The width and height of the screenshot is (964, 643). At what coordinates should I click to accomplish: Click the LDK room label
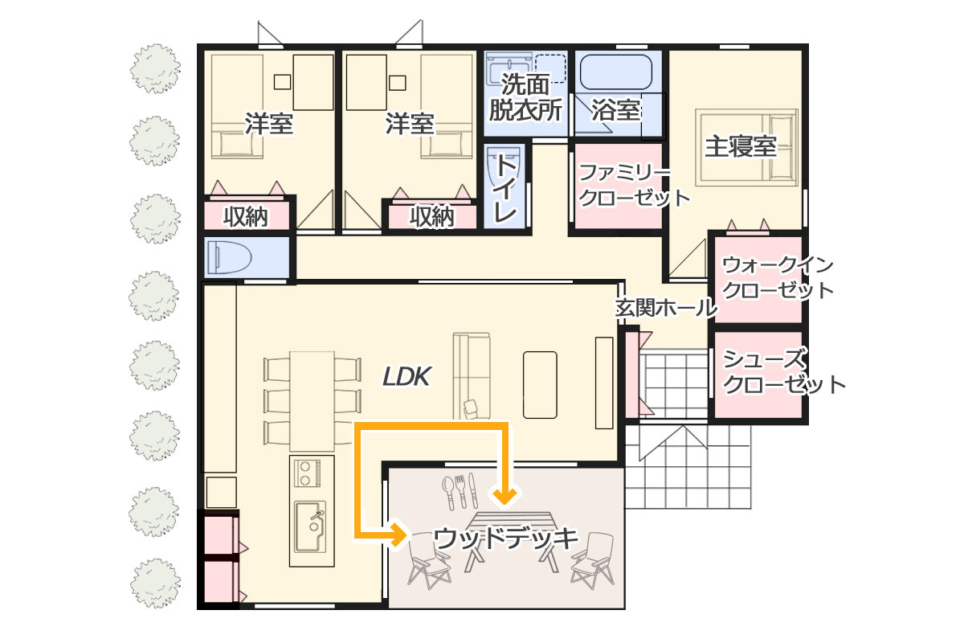[406, 377]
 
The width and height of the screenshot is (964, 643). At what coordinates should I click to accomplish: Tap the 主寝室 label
[741, 146]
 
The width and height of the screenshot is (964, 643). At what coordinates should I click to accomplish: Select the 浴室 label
[616, 110]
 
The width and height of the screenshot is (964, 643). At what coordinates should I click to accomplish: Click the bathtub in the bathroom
[616, 72]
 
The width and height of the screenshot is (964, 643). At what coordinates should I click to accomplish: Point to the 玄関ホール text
[666, 308]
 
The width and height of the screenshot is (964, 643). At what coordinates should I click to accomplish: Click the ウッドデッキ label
[505, 539]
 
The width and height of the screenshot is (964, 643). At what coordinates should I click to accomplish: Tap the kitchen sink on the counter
[310, 526]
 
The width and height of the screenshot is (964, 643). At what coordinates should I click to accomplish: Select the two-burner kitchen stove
[307, 473]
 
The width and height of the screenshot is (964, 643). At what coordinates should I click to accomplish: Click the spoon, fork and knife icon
[460, 491]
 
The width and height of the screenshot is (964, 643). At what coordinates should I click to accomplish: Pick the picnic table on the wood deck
[511, 542]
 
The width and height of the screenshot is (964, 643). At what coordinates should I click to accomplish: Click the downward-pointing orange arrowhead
[504, 497]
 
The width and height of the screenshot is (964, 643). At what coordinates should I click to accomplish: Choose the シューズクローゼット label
[784, 371]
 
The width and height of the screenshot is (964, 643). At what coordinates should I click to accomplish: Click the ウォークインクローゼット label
[778, 278]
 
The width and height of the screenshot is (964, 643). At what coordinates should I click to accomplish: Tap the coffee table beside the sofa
[540, 384]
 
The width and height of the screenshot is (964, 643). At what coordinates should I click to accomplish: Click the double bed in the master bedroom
[746, 147]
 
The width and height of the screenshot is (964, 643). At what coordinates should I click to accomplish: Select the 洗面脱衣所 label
[525, 97]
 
